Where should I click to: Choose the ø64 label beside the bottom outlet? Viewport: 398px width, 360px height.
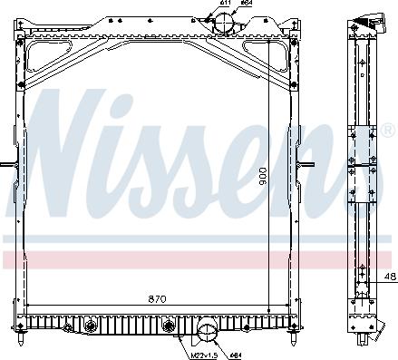(x=234, y=354)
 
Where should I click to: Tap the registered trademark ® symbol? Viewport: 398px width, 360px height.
(x=374, y=133)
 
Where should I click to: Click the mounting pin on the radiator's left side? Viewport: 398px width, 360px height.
(x=6, y=164)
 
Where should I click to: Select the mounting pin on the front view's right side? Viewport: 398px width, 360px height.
(x=308, y=164)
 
